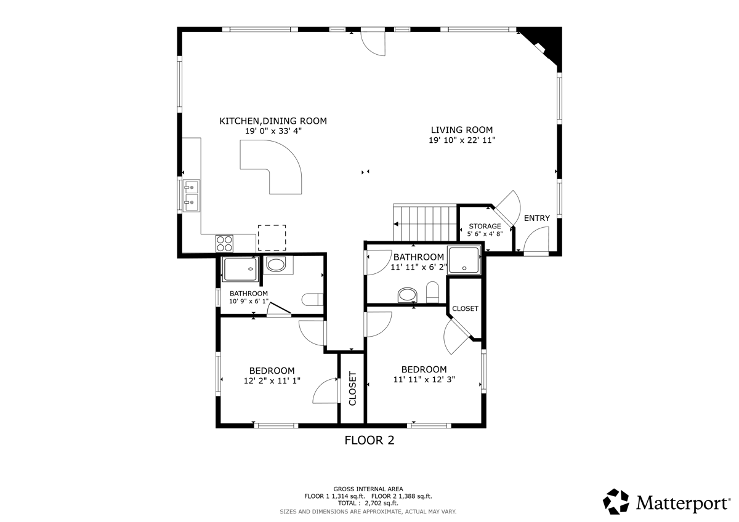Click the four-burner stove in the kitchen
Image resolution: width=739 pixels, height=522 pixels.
224,243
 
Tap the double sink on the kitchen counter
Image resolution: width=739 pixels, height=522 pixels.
191,194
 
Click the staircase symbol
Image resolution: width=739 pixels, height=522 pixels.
426,223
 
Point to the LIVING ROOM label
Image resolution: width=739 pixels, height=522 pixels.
461,130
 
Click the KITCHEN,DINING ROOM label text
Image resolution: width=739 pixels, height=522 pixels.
273,121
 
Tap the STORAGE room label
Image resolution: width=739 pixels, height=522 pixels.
485,226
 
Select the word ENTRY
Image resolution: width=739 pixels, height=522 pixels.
536,218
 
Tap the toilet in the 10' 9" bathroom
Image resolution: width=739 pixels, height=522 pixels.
313,300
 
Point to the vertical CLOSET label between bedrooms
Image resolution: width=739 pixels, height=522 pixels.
353,388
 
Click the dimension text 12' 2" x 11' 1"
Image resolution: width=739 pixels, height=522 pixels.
272,381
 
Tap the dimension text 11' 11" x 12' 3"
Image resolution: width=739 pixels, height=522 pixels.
424,380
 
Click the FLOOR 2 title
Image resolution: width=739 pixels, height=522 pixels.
369,440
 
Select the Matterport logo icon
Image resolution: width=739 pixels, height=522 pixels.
616,501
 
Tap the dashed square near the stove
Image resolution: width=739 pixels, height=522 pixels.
272,238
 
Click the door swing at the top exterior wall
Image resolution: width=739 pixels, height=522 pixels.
373,42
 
